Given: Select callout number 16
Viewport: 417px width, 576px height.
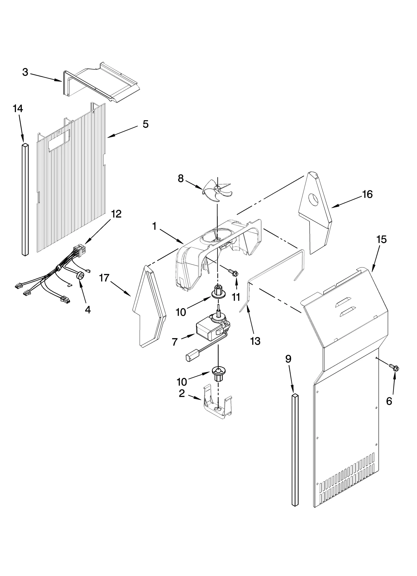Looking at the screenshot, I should [367, 195].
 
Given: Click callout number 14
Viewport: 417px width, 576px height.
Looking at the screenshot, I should [18, 109].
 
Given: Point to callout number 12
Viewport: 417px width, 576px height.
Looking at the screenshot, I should [116, 214].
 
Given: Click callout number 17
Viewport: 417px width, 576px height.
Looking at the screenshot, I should [104, 278].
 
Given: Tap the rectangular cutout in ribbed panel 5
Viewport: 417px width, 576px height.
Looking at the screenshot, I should [60, 140].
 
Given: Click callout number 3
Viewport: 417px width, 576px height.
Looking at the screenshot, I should [25, 72].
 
